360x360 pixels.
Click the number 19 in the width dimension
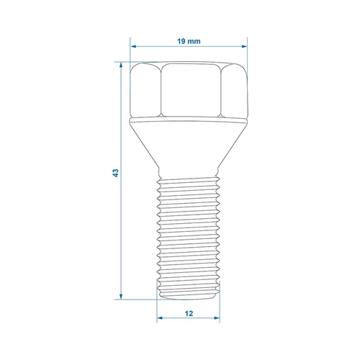coord(181,41)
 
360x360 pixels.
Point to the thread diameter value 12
coord(188,314)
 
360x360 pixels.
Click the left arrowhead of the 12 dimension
coord(159,316)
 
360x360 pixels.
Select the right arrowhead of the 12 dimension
coord(217,316)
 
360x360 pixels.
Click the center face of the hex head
coord(188,90)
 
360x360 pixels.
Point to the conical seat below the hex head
coord(188,144)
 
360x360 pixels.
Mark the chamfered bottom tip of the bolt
coord(188,295)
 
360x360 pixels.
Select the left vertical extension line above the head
coord(130,50)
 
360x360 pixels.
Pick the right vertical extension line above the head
coord(246,50)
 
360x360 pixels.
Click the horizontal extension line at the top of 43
coord(124,63)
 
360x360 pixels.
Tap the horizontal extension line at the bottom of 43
coord(133,299)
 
